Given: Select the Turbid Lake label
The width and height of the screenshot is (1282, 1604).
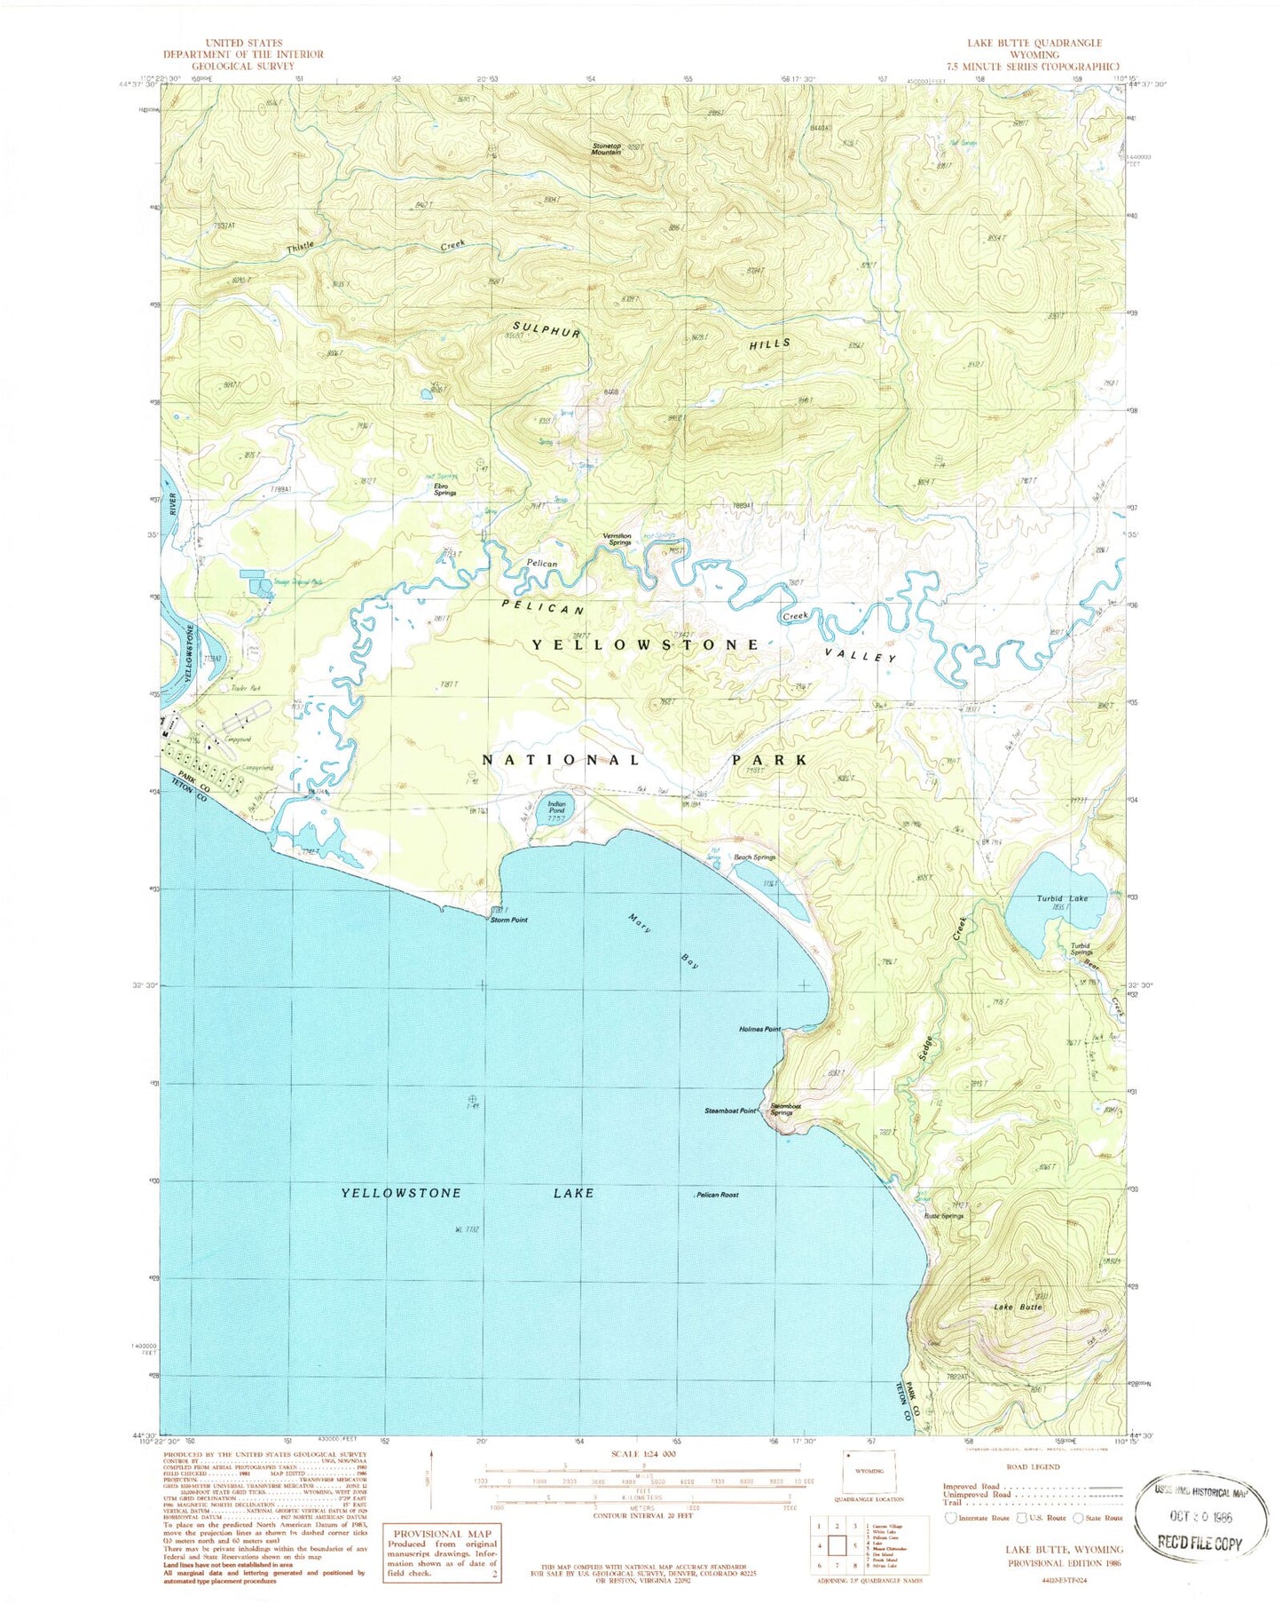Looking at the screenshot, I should point(1062,898).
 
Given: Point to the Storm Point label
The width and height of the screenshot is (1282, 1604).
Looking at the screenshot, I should point(509,920).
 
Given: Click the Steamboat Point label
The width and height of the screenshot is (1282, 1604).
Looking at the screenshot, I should point(730,1110).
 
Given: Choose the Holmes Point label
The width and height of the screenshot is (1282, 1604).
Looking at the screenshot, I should point(759,1029).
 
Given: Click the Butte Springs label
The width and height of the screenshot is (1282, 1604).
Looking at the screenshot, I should point(943,1215).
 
